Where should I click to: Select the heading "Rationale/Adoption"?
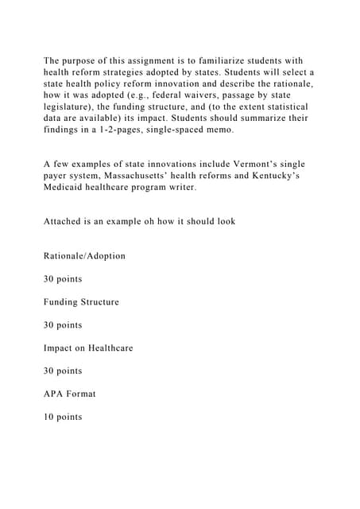[84, 256]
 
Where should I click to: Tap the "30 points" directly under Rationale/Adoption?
[63, 279]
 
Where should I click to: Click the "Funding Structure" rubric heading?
[81, 302]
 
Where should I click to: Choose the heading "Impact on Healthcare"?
[88, 348]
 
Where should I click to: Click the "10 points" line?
[63, 417]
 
